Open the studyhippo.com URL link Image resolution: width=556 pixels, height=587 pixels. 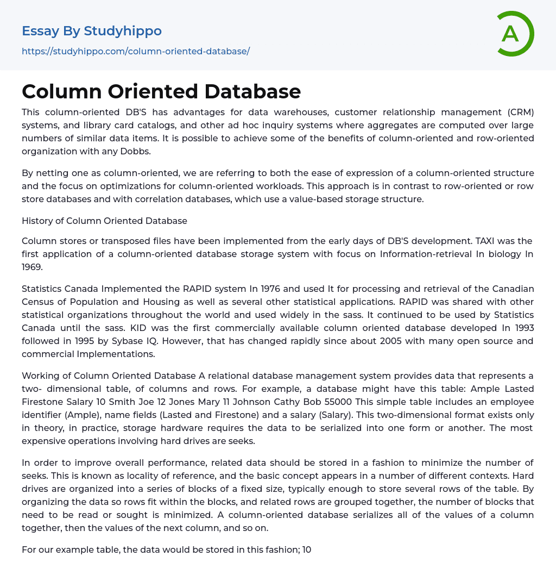136,51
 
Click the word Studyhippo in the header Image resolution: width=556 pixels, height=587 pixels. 123,31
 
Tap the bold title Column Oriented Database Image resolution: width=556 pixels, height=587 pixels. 161,91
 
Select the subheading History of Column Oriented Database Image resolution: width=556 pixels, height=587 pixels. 104,221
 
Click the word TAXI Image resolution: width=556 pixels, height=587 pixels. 483,241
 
